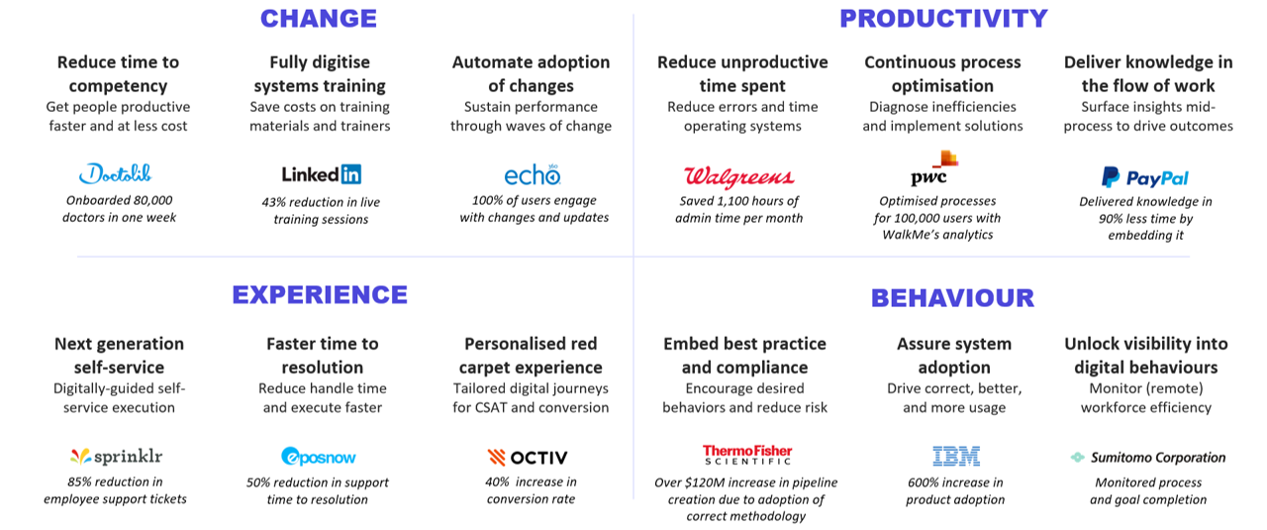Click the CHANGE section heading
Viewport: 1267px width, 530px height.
tap(319, 19)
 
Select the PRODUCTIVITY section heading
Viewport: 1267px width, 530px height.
tap(943, 19)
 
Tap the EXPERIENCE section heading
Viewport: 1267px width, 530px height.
tap(320, 295)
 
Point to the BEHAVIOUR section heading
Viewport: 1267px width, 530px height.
tap(952, 298)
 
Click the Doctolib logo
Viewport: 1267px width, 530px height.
tap(116, 173)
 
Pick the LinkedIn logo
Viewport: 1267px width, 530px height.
tap(322, 174)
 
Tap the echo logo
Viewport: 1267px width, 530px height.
tap(533, 175)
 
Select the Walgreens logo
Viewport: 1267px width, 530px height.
tap(738, 176)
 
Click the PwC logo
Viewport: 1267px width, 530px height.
tap(933, 168)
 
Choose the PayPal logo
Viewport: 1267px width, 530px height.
tap(1145, 177)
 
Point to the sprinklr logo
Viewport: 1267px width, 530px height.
tap(117, 457)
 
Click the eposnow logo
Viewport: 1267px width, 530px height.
tap(319, 457)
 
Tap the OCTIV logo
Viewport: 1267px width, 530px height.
tap(528, 457)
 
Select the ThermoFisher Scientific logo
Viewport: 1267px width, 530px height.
tap(747, 455)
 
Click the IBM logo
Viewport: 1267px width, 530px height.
tap(956, 457)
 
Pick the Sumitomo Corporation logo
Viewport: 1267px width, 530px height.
tap(1148, 458)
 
